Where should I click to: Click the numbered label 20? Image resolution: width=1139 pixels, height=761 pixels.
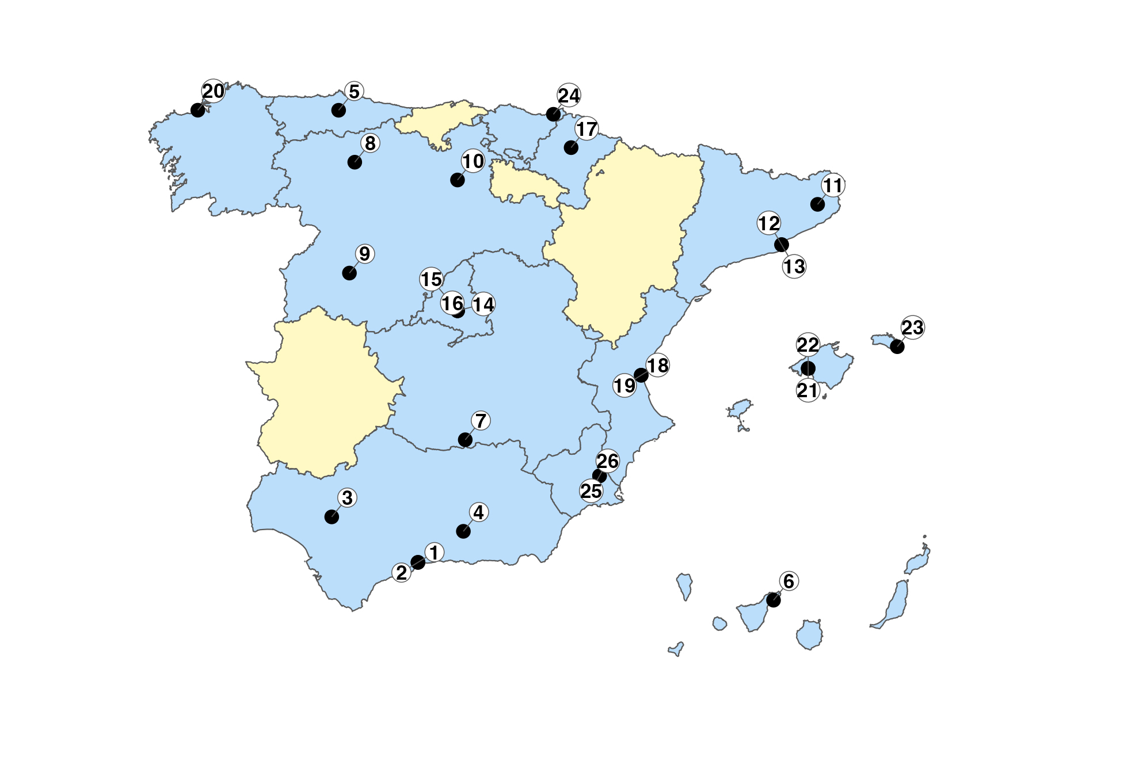tap(213, 91)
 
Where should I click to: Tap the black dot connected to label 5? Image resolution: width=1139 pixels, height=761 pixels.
tap(338, 110)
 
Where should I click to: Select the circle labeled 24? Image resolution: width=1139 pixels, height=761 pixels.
tap(569, 95)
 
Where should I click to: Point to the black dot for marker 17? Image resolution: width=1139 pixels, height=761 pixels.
tap(571, 147)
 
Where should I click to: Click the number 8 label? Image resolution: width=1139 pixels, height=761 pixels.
tap(370, 143)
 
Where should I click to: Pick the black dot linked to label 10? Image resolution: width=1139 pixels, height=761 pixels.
tap(457, 180)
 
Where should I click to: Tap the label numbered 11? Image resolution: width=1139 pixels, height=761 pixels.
tap(832, 185)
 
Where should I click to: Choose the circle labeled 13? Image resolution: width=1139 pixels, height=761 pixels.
tap(794, 267)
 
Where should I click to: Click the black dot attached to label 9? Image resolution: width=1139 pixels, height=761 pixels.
tap(349, 273)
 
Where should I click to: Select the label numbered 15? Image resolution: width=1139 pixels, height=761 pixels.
tap(431, 279)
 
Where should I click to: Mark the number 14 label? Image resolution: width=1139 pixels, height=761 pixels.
tap(483, 305)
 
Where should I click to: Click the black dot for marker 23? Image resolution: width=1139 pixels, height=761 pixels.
tap(897, 347)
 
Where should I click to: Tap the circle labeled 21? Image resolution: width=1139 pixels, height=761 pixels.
tap(807, 391)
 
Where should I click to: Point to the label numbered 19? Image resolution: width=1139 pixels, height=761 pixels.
tap(624, 385)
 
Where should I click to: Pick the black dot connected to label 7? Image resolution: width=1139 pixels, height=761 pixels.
tap(465, 440)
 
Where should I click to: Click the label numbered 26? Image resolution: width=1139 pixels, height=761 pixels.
tap(607, 461)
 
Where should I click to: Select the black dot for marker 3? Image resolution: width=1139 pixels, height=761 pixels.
tap(332, 516)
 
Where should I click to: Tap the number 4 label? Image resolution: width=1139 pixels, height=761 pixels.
tap(479, 512)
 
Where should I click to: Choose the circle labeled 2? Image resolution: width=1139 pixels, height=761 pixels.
tap(402, 572)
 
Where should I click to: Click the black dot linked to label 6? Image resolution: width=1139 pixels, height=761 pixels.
tap(774, 600)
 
